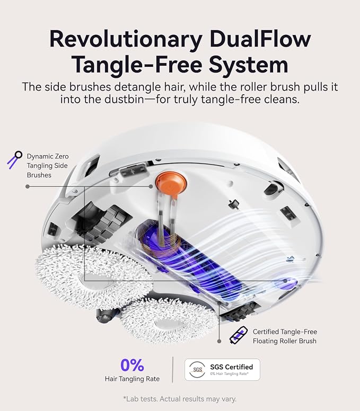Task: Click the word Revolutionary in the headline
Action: pyautogui.click(x=126, y=39)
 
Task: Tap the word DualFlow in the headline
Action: pyautogui.click(x=260, y=39)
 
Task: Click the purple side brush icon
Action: pyautogui.click(x=14, y=159)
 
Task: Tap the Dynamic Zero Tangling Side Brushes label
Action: pyautogui.click(x=48, y=166)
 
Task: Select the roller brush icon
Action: pyautogui.click(x=238, y=335)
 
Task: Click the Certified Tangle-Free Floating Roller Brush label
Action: pyautogui.click(x=285, y=336)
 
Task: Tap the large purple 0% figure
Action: pyautogui.click(x=132, y=365)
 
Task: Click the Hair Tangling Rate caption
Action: pyautogui.click(x=132, y=379)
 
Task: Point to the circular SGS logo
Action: pyautogui.click(x=197, y=370)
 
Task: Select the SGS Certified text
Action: pyautogui.click(x=231, y=367)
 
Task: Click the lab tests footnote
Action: pyautogui.click(x=180, y=399)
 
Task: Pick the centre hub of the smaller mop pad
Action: pyautogui.click(x=168, y=323)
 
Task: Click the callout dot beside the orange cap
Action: pyautogui.click(x=151, y=186)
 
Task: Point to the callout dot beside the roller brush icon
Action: pyautogui.click(x=219, y=341)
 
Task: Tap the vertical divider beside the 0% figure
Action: pyautogui.click(x=172, y=370)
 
